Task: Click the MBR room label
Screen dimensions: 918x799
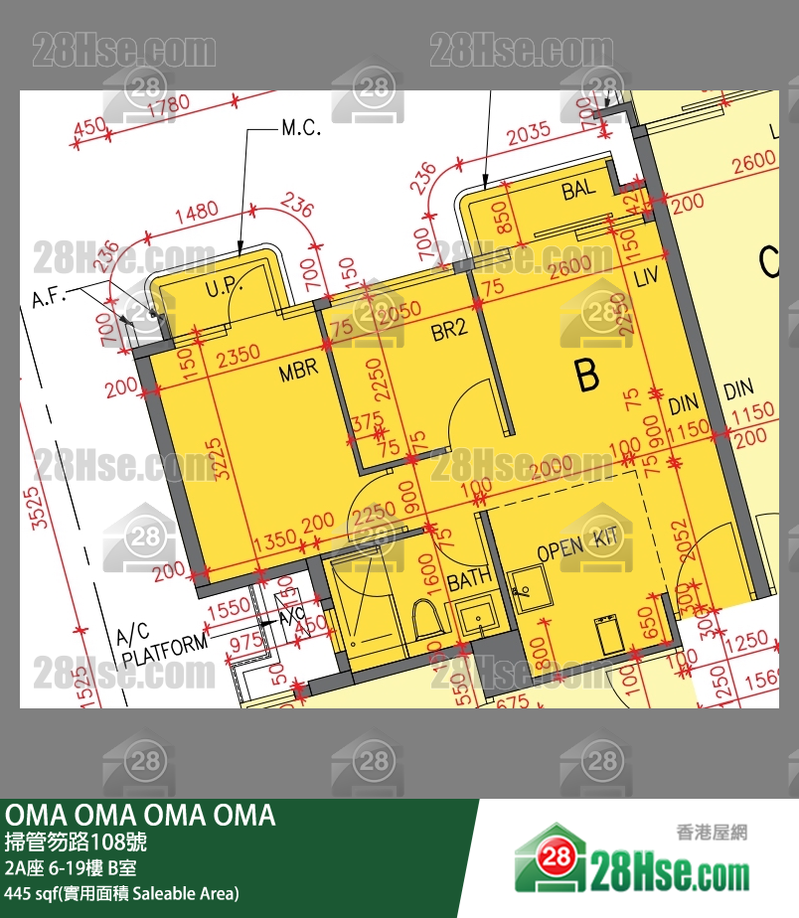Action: tap(298, 370)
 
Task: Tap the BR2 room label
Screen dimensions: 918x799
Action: tap(449, 331)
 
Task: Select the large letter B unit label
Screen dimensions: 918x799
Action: tap(588, 377)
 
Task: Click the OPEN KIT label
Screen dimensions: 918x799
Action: tap(577, 543)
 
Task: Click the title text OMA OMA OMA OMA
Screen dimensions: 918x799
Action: tap(140, 816)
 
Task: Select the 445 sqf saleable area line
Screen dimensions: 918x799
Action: tap(121, 893)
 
